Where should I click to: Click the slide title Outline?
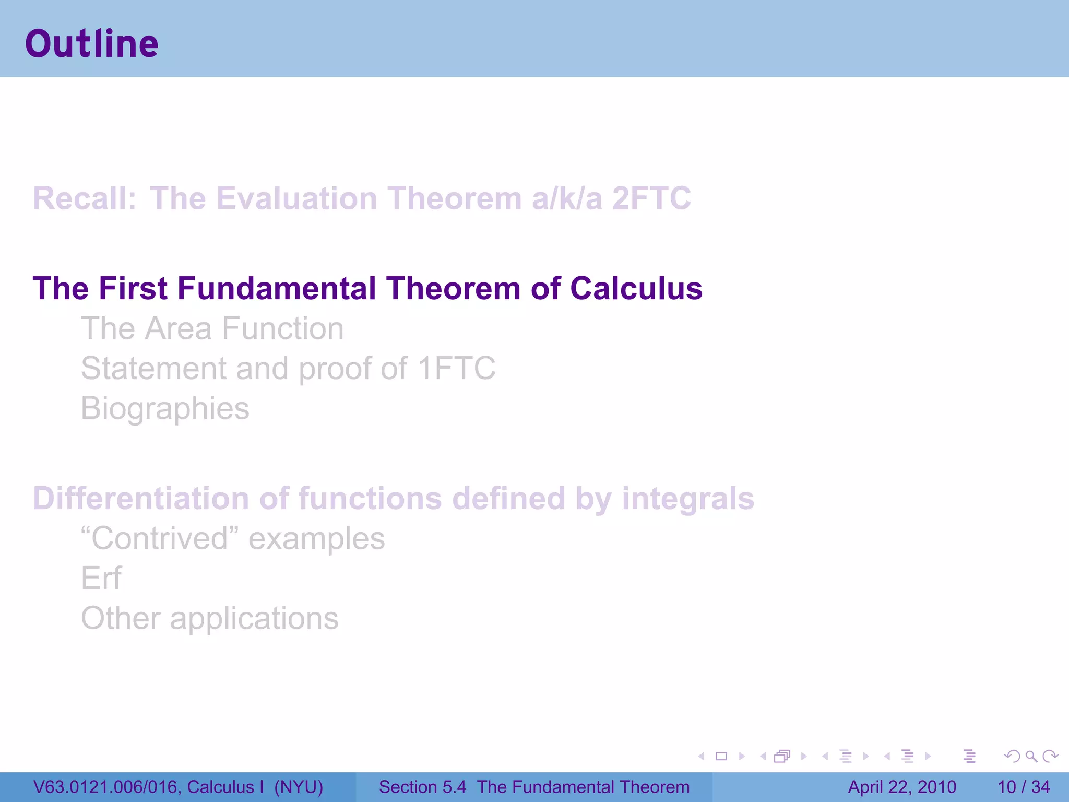[x=92, y=44]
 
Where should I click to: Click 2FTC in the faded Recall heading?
[x=651, y=198]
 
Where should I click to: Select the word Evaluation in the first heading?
[x=296, y=198]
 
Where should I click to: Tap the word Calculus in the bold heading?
[x=636, y=288]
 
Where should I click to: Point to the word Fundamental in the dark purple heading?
[x=277, y=288]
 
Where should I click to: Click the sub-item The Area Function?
[x=212, y=328]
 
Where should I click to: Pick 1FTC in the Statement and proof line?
[x=457, y=368]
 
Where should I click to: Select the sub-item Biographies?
[x=165, y=408]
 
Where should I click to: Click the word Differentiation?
[x=141, y=498]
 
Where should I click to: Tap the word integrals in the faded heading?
[x=687, y=498]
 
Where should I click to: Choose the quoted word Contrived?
[x=160, y=538]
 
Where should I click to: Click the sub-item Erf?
[x=101, y=578]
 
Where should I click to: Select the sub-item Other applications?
[x=210, y=618]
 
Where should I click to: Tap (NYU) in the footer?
[x=299, y=787]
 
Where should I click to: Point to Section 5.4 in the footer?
[x=422, y=787]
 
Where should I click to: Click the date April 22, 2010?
[x=902, y=787]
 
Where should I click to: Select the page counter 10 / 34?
[x=1024, y=787]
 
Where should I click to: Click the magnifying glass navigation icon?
[x=1031, y=756]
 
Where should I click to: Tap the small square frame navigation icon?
[x=721, y=756]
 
